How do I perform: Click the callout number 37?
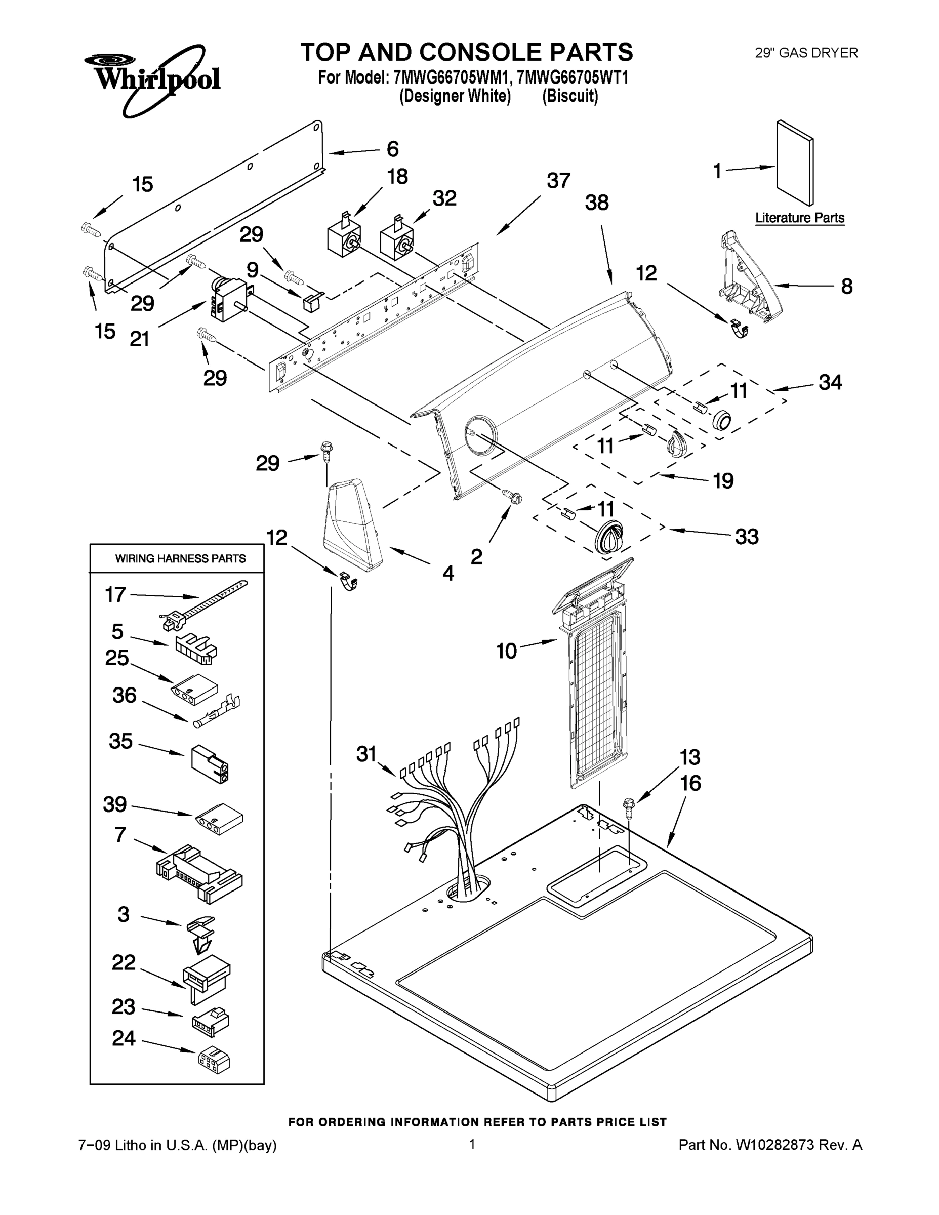pyautogui.click(x=558, y=181)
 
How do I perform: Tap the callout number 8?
pyautogui.click(x=846, y=287)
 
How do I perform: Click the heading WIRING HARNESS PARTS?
pyautogui.click(x=180, y=558)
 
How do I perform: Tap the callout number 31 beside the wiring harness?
pyautogui.click(x=366, y=754)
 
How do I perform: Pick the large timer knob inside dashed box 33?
pyautogui.click(x=610, y=538)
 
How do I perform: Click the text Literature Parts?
pyautogui.click(x=799, y=218)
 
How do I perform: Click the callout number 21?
pyautogui.click(x=139, y=339)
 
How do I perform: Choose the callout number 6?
pyautogui.click(x=393, y=149)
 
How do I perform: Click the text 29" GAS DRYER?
pyautogui.click(x=806, y=53)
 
